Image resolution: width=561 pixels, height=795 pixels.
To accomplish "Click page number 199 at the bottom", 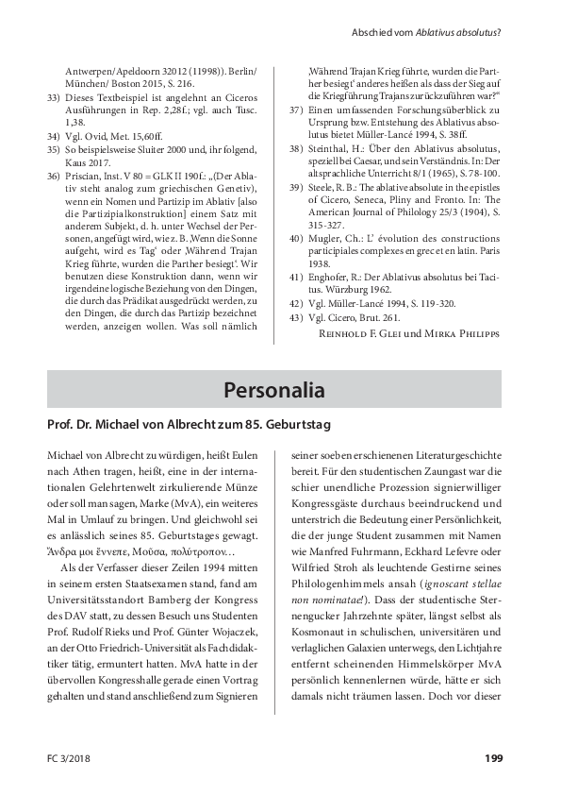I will [493, 757].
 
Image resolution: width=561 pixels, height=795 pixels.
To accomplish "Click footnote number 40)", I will [297, 260].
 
